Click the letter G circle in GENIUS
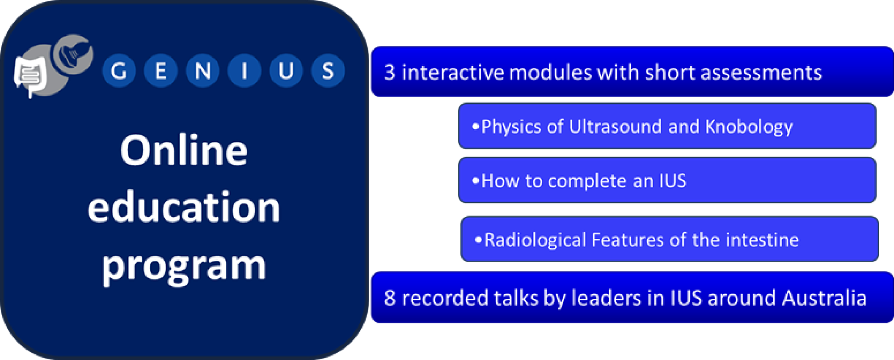click(x=119, y=71)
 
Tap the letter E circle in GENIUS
click(x=161, y=71)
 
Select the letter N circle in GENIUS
click(x=202, y=71)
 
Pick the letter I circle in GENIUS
click(x=245, y=71)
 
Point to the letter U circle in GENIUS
click(x=286, y=71)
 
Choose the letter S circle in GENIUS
click(x=328, y=71)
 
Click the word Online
click(x=184, y=150)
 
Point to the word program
click(x=184, y=267)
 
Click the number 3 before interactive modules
click(x=390, y=72)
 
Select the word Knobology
click(x=749, y=127)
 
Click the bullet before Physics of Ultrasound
click(x=475, y=127)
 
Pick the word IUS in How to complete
click(x=673, y=181)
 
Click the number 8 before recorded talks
click(x=390, y=298)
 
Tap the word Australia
click(x=825, y=298)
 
